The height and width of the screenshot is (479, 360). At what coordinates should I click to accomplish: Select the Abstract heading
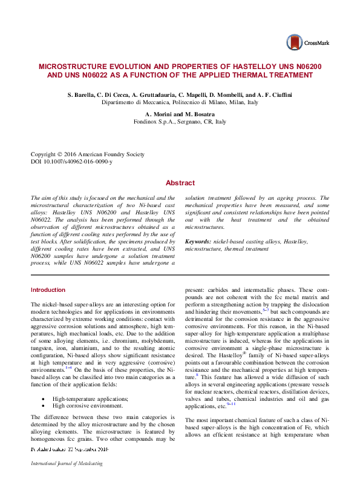pos(180,183)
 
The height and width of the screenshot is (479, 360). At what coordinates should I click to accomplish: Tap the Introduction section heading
pos(48,290)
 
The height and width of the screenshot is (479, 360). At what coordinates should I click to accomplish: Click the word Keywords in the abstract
pos(197,242)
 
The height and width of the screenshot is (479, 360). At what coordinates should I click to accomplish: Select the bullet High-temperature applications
pos(90,382)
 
